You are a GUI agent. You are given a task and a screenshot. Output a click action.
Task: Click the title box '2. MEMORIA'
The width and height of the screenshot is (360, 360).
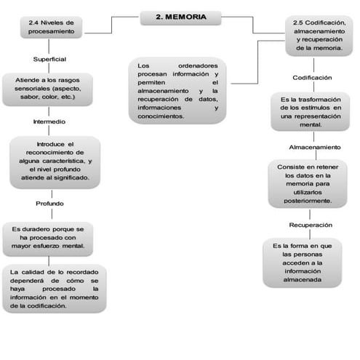180,16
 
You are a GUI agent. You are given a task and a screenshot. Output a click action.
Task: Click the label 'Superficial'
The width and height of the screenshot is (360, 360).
50,58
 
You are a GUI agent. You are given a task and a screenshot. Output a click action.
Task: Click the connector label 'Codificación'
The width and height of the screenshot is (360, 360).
312,77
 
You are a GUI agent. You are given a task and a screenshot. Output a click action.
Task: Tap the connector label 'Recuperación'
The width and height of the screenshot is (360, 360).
311,225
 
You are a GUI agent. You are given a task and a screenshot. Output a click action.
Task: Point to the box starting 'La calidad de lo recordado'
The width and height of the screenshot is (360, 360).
55,289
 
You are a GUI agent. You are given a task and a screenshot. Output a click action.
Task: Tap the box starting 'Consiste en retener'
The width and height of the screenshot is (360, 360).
311,183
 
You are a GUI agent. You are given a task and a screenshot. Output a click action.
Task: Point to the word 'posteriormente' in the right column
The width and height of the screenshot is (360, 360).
309,201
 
